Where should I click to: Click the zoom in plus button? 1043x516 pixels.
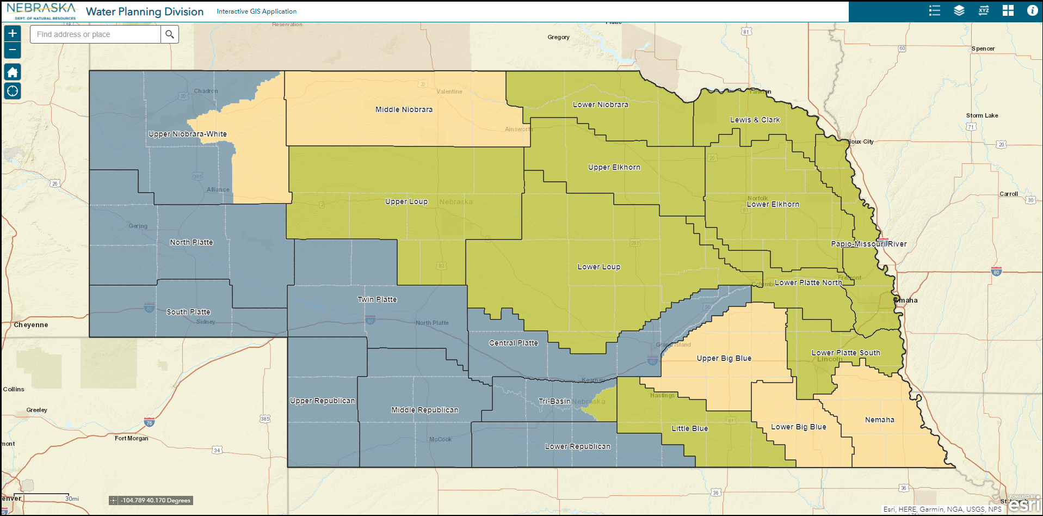pos(13,33)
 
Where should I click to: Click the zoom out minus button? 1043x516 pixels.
pos(13,50)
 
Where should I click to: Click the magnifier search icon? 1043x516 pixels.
pos(170,34)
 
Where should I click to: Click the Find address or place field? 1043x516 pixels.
pos(96,34)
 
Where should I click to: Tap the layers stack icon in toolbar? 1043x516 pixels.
pos(959,11)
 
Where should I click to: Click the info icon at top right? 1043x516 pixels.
pos(1032,11)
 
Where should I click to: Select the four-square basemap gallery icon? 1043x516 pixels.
pos(1008,11)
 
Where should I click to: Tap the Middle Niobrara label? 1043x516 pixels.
pos(404,109)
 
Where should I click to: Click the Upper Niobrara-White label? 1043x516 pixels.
pos(188,134)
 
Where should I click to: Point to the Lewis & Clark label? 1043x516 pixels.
pos(755,120)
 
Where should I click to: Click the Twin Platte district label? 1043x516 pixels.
pos(377,299)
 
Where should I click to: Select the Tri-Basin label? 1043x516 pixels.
pos(554,401)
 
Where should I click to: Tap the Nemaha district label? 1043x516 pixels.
pos(879,420)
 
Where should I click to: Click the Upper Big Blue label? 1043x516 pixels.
pos(724,358)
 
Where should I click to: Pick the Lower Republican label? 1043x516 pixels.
pos(577,446)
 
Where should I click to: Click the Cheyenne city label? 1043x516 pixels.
pos(31,325)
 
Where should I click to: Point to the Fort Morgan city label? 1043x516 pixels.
pos(131,438)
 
